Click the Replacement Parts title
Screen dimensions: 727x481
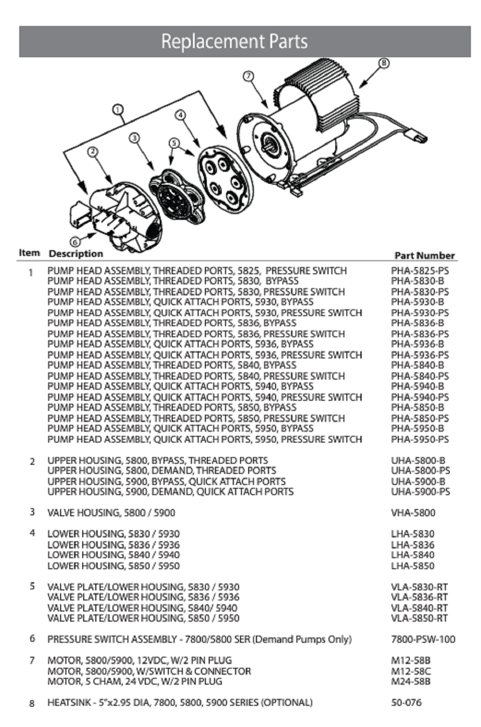[234, 41]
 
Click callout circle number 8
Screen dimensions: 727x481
[383, 63]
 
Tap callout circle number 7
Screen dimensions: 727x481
[248, 76]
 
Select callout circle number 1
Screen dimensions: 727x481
[118, 110]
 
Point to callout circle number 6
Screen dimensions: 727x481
[76, 242]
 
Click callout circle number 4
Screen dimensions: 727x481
[180, 115]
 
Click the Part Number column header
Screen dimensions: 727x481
[424, 255]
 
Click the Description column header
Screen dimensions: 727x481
[76, 254]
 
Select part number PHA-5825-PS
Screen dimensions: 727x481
[419, 271]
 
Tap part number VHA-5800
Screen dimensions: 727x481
[413, 513]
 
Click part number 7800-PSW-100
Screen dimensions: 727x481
[423, 639]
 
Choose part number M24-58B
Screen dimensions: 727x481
[410, 681]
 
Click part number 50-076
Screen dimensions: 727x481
[406, 702]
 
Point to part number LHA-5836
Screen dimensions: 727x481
[412, 545]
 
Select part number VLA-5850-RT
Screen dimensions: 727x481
[419, 618]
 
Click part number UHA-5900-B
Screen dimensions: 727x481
[418, 481]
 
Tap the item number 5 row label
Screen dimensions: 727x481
[32, 586]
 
